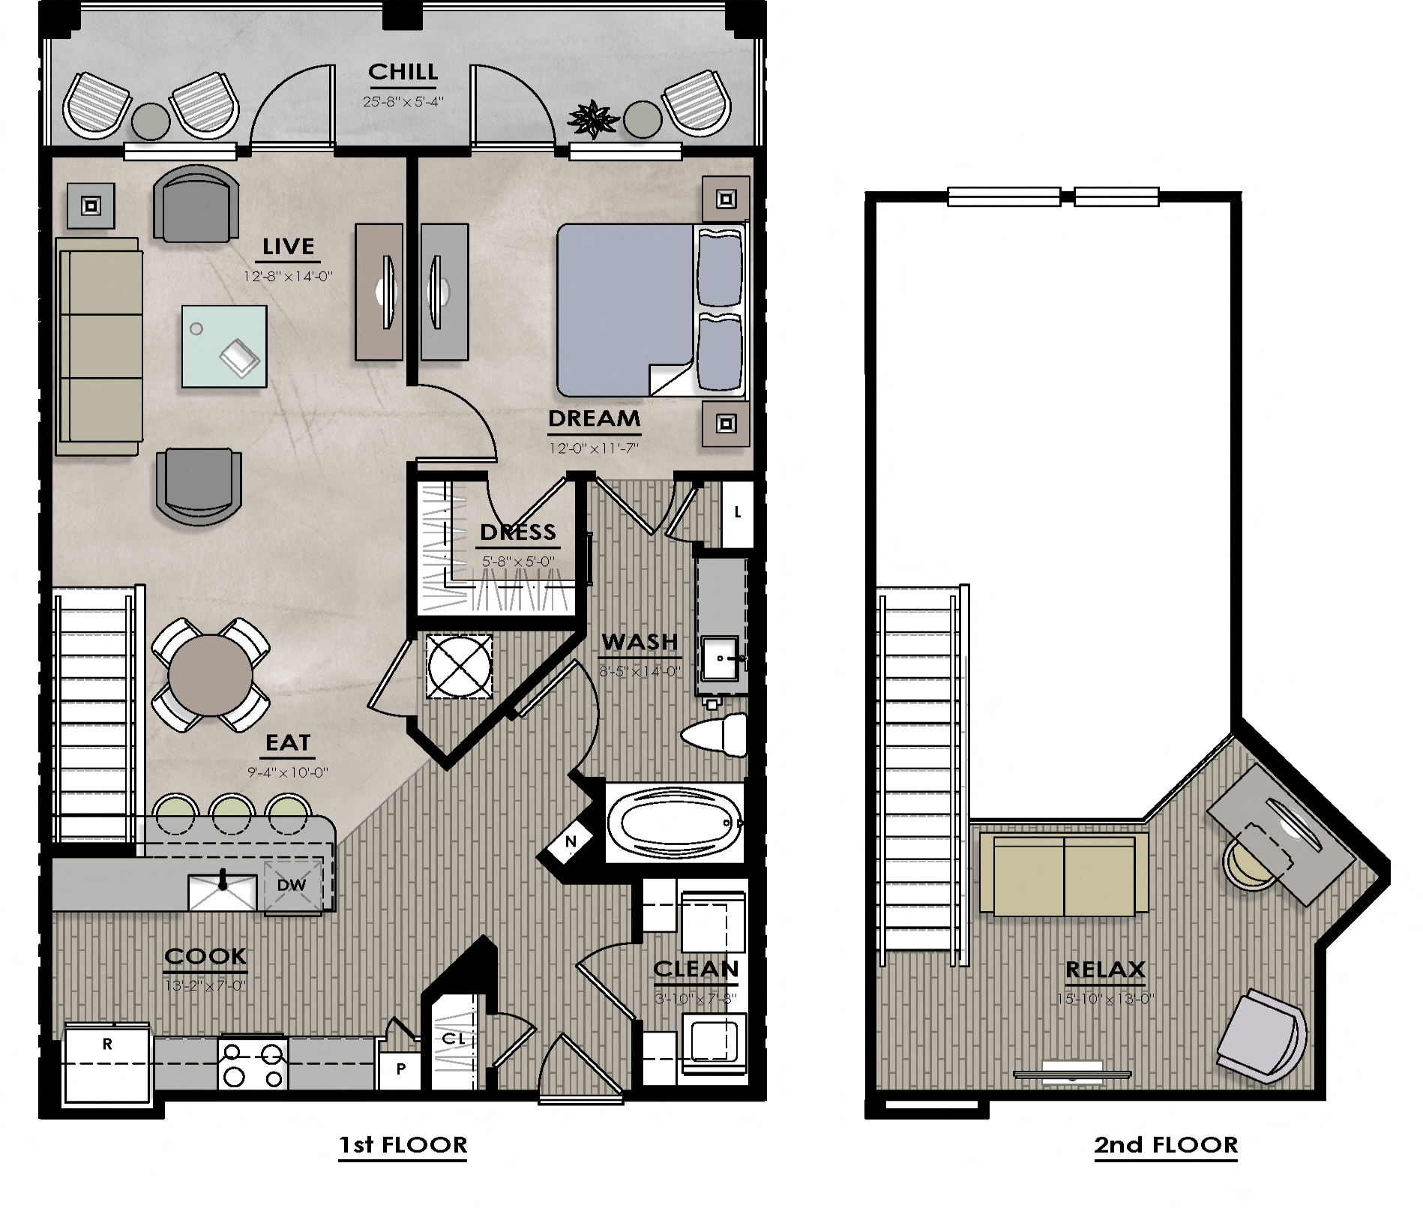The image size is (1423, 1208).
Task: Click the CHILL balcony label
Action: pyautogui.click(x=403, y=72)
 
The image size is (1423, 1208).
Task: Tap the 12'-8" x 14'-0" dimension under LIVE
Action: pyautogui.click(x=288, y=277)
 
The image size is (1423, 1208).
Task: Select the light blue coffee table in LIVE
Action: pyautogui.click(x=224, y=346)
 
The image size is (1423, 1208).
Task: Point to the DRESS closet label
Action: pyautogui.click(x=517, y=532)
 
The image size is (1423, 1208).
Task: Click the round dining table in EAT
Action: pyautogui.click(x=210, y=676)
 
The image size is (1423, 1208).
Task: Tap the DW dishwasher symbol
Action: pyautogui.click(x=292, y=885)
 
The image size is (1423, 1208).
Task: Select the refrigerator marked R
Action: pyautogui.click(x=107, y=1065)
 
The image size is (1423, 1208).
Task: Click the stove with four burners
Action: pyautogui.click(x=253, y=1063)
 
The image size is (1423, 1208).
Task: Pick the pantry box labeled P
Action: pyautogui.click(x=400, y=1069)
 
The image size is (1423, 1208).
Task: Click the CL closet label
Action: pyautogui.click(x=454, y=1039)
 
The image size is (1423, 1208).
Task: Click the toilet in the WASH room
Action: pyautogui.click(x=716, y=734)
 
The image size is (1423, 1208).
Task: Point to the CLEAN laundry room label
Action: pyautogui.click(x=696, y=969)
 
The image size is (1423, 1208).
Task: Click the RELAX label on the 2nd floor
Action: pyautogui.click(x=1105, y=970)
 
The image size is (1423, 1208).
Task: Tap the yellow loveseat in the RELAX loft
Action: pyautogui.click(x=1063, y=874)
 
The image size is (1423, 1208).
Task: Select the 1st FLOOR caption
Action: pyautogui.click(x=403, y=1145)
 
